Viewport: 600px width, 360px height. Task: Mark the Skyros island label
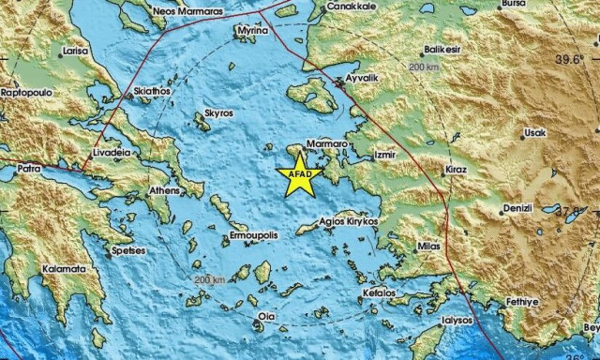[x=219, y=113]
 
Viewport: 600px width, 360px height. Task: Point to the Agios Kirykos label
[x=348, y=221]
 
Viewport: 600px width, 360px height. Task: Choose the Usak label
[x=534, y=133]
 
